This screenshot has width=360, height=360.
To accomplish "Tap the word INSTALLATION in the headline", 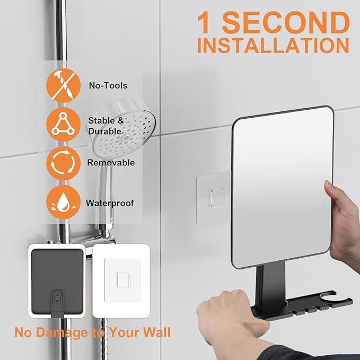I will tap(273, 46).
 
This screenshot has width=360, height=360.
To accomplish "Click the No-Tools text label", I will tap(108, 85).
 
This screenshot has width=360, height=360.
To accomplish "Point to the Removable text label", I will tap(111, 163).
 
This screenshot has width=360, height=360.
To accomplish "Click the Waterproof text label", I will tap(110, 203).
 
